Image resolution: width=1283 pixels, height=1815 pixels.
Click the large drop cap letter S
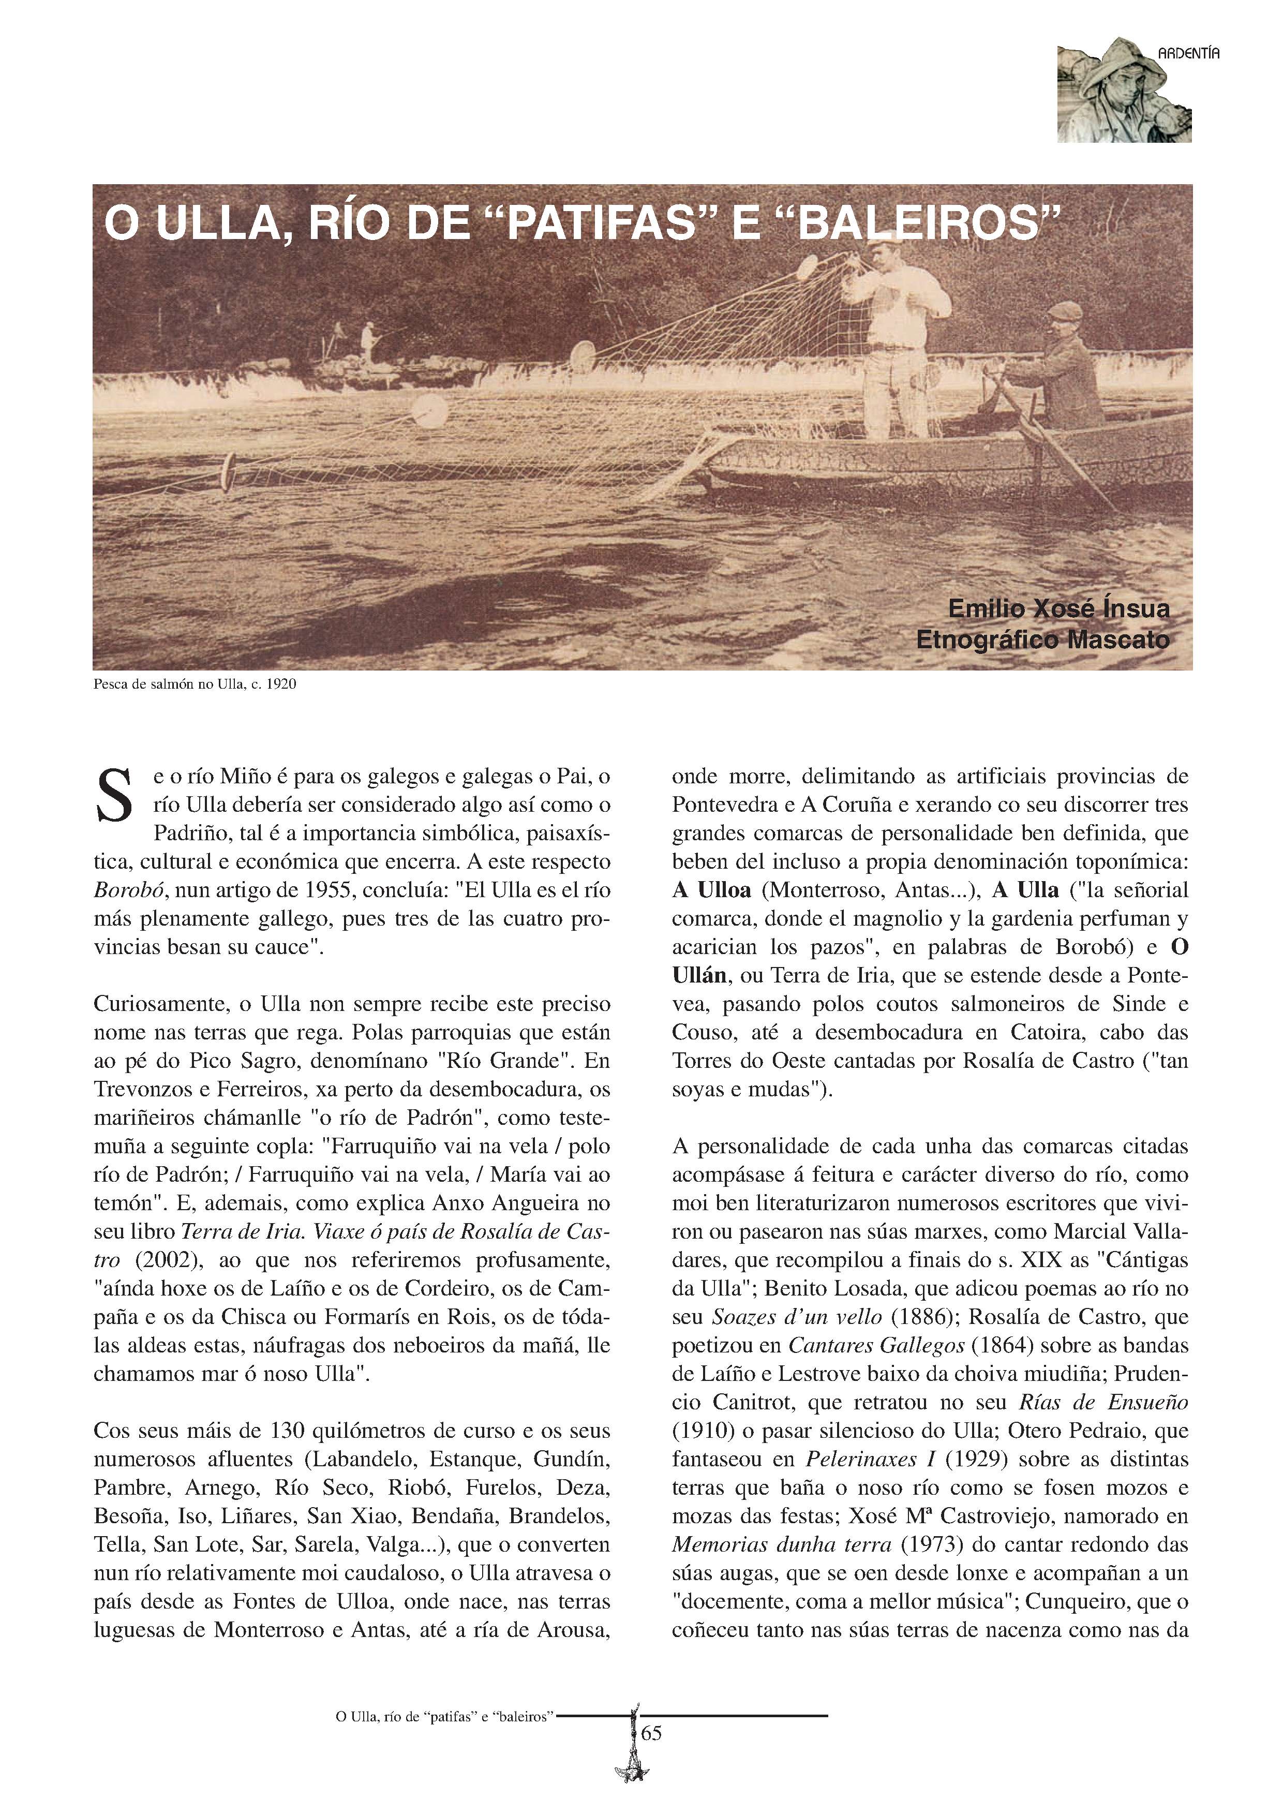coord(113,795)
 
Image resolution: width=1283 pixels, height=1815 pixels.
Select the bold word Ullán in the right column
coord(699,975)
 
